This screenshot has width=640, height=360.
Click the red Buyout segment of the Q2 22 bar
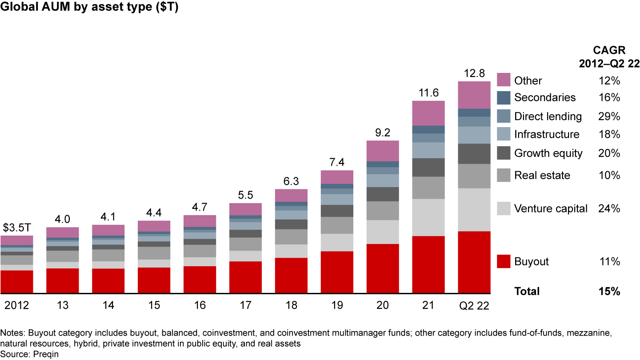(474, 262)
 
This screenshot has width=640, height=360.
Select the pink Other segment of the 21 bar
(428, 113)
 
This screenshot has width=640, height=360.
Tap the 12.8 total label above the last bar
(474, 73)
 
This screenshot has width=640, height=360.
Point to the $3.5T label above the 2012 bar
(17, 228)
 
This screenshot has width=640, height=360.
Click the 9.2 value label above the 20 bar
(383, 132)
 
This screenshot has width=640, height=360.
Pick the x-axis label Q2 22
(474, 305)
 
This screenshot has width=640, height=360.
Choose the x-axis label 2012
(17, 305)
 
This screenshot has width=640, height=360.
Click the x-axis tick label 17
(245, 305)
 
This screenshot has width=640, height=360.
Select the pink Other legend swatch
(503, 80)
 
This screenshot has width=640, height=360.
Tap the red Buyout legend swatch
(503, 261)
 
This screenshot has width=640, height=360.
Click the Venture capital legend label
(551, 208)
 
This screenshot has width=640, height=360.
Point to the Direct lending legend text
(548, 116)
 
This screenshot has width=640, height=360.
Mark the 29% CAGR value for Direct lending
(609, 116)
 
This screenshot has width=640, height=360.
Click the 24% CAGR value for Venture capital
(609, 208)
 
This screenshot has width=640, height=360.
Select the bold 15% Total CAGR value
(609, 292)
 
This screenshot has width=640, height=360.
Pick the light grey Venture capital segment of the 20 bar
(383, 232)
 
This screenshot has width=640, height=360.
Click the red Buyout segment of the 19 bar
(337, 272)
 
